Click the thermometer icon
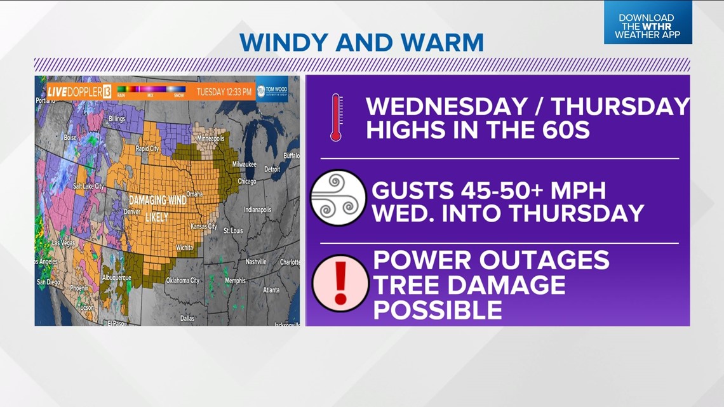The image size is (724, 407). coord(336,117)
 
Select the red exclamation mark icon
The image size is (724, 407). coord(340,283)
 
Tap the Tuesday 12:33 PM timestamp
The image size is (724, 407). coord(224,92)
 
